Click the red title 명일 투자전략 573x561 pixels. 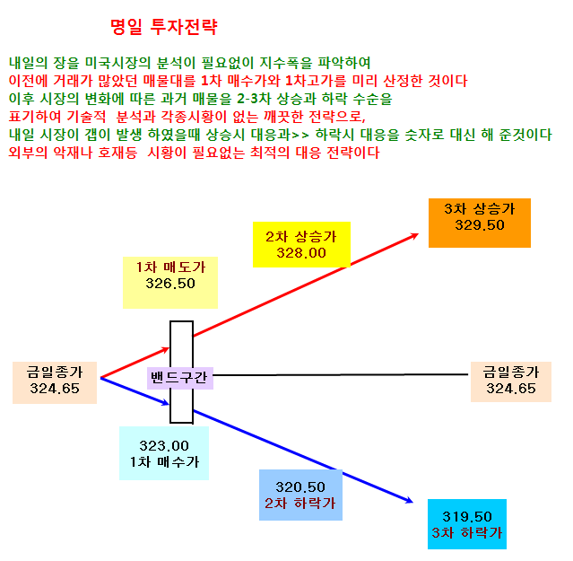coord(164,27)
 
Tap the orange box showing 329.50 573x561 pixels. coord(480,224)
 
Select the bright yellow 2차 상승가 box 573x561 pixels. coord(301,244)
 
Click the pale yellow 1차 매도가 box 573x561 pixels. coord(170,283)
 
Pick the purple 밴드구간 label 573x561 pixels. coord(180,378)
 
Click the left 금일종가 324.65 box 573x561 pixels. coord(55,382)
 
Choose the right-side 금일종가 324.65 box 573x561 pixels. coord(511,381)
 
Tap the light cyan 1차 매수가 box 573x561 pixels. coord(164,453)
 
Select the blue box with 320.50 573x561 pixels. coord(300,495)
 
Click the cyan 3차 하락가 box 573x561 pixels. coord(467,524)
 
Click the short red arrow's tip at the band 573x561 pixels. coord(169,349)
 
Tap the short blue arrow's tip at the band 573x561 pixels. coord(169,404)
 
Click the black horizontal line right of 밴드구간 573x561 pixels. coord(340,375)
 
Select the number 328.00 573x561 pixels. coord(301,253)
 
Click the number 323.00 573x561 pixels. coord(164,446)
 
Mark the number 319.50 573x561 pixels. coord(467,517)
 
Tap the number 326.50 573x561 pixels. coord(170,284)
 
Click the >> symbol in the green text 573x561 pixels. coord(300,136)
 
